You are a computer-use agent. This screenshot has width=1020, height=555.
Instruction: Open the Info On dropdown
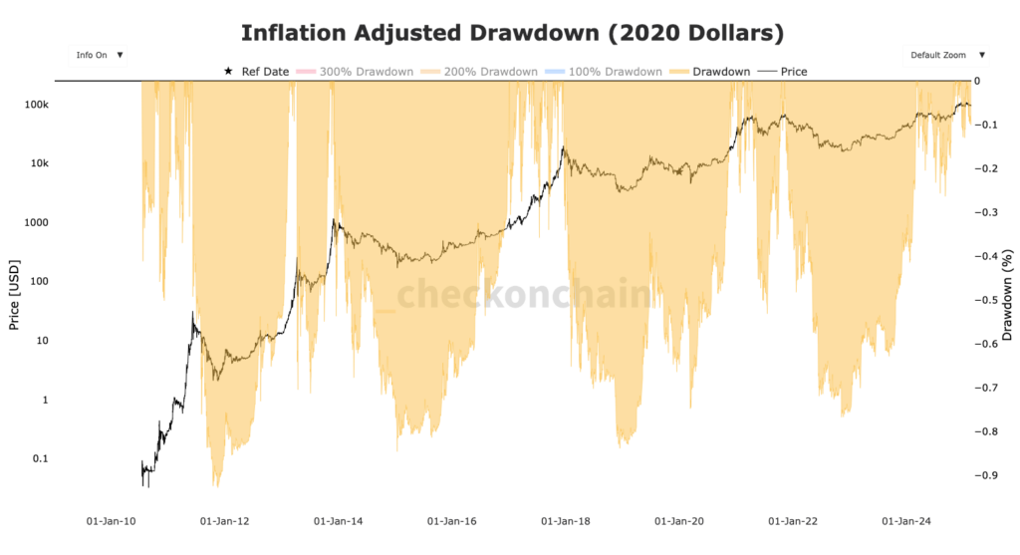[x=98, y=55]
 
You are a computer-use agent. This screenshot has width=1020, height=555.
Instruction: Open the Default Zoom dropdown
[x=947, y=55]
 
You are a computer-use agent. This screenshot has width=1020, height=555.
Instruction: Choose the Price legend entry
[x=784, y=72]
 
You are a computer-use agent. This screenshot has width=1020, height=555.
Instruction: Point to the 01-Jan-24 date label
[x=906, y=521]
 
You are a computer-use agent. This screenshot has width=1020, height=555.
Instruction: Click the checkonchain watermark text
[x=525, y=296]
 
